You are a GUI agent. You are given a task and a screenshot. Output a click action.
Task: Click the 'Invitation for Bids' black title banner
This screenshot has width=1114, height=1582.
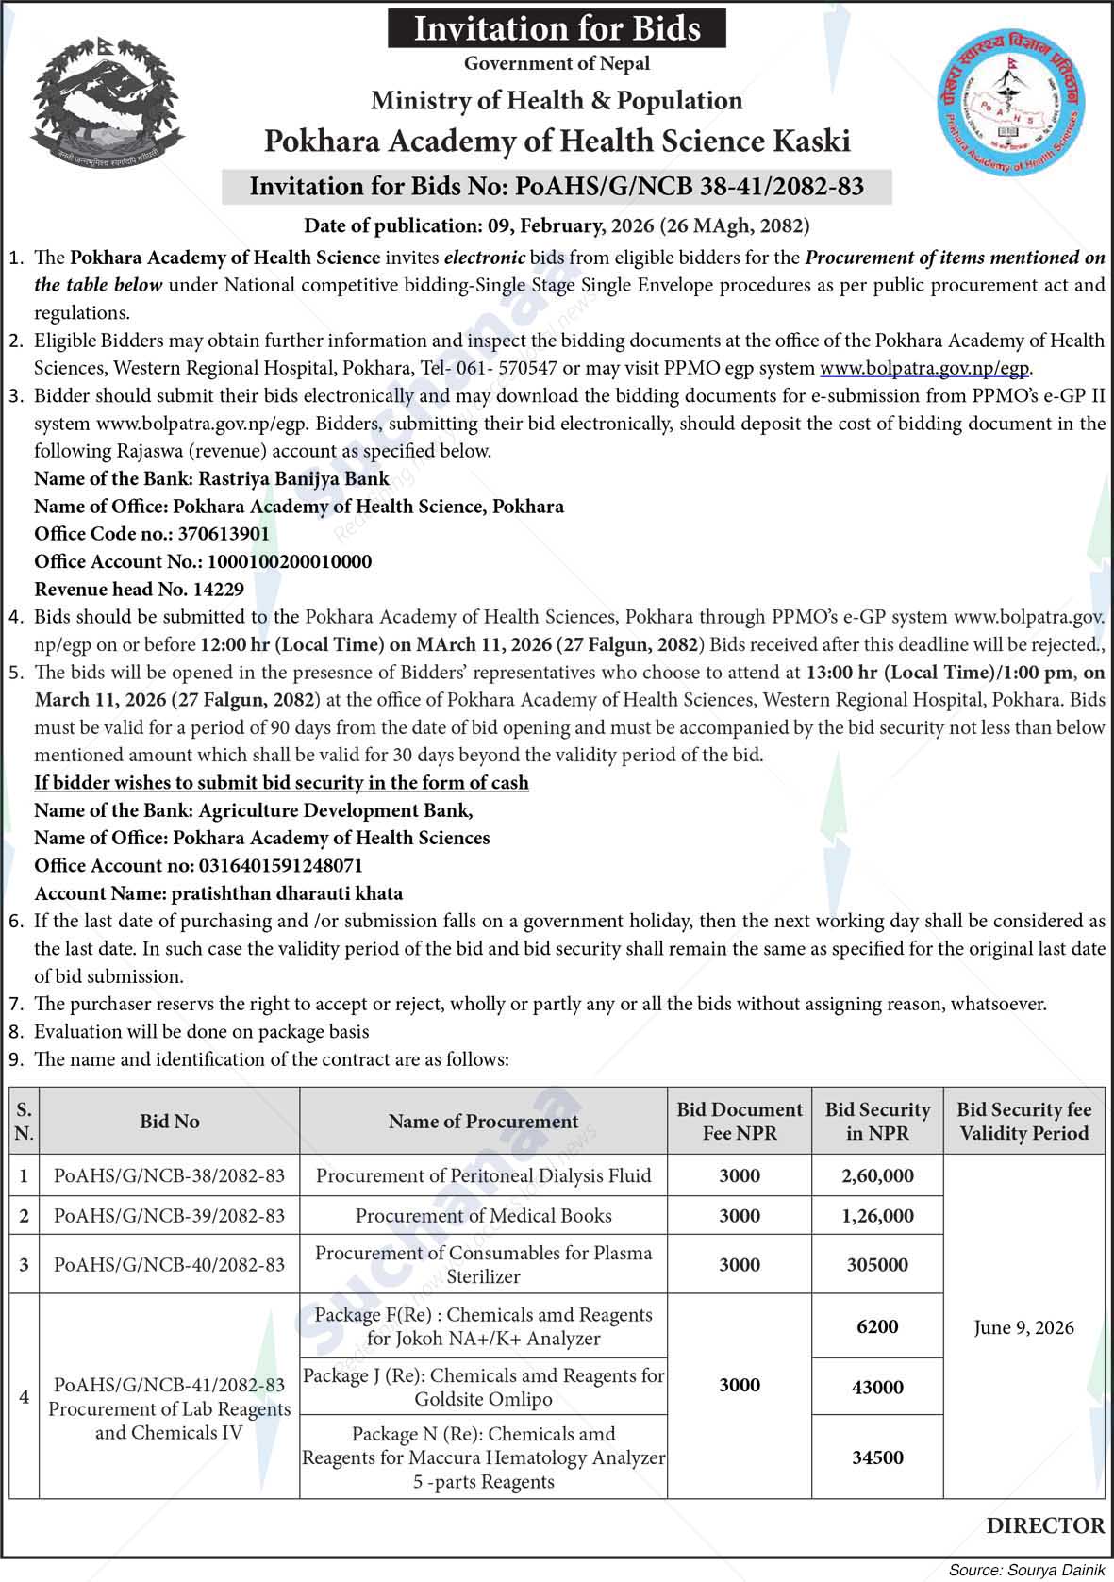point(557,28)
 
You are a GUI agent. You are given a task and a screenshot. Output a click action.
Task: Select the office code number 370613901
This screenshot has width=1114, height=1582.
point(224,534)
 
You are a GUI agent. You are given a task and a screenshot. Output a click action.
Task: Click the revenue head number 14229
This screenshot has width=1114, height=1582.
point(218,590)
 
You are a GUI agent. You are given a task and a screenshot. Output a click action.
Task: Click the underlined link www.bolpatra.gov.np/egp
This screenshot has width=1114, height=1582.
point(924,368)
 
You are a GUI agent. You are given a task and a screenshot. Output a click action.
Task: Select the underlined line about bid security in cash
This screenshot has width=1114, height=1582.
point(281,783)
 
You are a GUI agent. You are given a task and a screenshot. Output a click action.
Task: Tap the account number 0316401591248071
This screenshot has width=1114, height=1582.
point(280,866)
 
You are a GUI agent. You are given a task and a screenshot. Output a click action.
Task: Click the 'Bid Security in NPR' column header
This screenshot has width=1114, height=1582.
point(877,1121)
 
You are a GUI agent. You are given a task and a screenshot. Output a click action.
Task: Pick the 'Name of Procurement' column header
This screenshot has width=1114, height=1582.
point(483,1121)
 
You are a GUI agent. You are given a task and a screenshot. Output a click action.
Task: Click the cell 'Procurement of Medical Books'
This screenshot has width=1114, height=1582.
point(483,1216)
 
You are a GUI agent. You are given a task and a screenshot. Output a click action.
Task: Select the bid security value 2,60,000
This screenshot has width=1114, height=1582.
point(877,1175)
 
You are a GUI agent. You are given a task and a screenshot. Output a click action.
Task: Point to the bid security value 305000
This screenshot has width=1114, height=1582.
point(877,1264)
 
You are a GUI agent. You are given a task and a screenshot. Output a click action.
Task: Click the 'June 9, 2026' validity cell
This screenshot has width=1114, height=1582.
point(1023,1327)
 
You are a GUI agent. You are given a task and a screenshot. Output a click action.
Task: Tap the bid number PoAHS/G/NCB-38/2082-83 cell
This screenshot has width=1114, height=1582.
point(170,1175)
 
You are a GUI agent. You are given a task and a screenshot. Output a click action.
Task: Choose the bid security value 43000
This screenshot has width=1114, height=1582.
point(877,1387)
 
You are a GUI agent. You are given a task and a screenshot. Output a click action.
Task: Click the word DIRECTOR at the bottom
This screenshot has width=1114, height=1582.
point(1045,1525)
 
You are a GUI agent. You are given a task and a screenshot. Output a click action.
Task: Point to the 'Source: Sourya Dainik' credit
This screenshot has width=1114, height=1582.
point(1026,1570)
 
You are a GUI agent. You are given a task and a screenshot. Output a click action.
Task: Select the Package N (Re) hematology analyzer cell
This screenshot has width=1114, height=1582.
point(483,1457)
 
